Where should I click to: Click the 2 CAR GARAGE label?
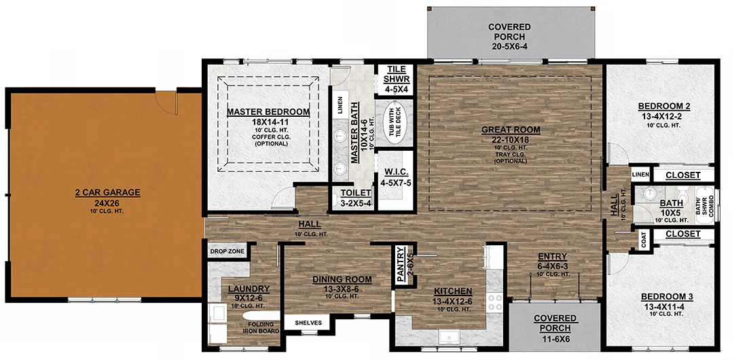click(107, 193)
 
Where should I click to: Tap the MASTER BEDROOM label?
click(268, 112)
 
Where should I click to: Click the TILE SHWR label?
click(395, 74)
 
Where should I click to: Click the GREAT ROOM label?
click(511, 130)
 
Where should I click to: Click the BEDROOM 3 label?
click(664, 297)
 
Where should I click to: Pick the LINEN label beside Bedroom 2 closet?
click(640, 175)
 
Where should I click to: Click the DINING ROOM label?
click(342, 279)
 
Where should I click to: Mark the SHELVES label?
click(308, 322)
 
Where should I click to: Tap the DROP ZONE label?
click(226, 251)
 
